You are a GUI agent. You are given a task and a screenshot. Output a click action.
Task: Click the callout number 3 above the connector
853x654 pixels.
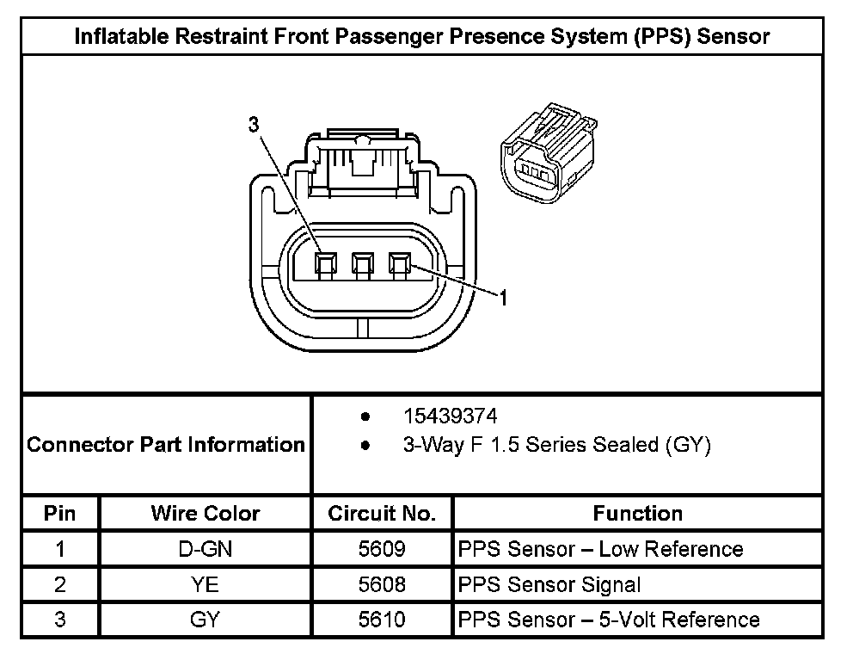pos(254,125)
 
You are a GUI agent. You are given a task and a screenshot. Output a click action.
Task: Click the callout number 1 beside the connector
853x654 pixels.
pos(503,298)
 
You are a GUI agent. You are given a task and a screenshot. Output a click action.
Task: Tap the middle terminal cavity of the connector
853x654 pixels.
pos(363,265)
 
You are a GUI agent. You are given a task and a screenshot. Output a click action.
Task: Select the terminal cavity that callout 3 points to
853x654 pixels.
pos(326,265)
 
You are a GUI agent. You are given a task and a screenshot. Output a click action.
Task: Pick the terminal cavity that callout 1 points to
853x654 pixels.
pos(400,265)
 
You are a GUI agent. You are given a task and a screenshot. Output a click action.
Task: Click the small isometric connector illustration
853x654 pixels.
pos(549,152)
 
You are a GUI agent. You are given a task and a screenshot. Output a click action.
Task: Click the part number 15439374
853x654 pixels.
pos(450,416)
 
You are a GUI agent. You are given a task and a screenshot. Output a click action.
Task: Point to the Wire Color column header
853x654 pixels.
pos(206,513)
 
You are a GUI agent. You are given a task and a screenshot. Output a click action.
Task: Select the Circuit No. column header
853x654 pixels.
pos(382,513)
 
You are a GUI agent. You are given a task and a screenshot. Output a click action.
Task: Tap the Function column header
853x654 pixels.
pos(637,513)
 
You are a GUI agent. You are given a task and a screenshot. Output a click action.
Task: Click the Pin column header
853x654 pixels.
pos(60,513)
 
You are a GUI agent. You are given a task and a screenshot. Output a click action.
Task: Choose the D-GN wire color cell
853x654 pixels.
pos(206,549)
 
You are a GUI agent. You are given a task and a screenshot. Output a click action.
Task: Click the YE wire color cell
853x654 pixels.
pos(206,584)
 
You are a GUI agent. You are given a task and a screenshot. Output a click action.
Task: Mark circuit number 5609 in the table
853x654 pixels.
pos(382,549)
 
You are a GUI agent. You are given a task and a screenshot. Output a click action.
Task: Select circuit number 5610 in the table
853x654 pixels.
pos(382,620)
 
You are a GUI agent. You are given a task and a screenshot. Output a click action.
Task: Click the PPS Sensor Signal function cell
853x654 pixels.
pos(549,585)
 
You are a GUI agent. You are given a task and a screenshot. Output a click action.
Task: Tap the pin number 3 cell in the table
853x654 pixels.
pos(60,620)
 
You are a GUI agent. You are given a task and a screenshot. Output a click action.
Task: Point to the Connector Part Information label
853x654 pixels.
pos(166,444)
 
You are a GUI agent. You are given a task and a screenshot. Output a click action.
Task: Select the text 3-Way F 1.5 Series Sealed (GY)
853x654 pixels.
pos(557,445)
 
